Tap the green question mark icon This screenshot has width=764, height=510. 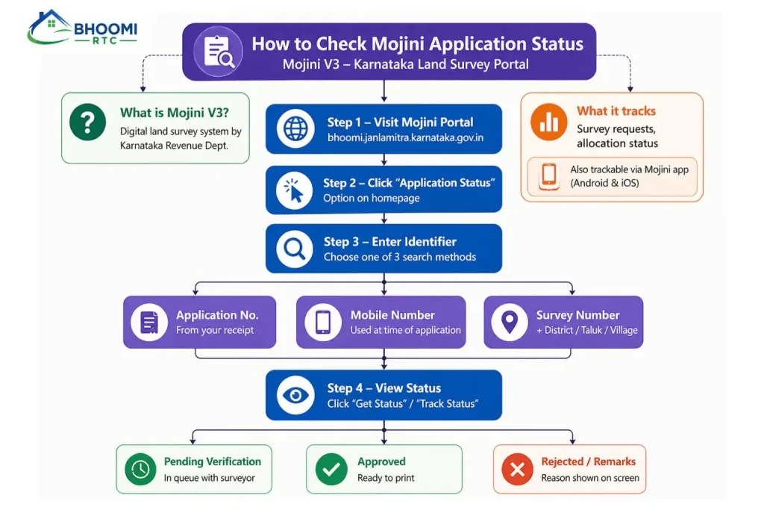click(x=88, y=122)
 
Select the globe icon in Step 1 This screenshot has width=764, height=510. click(x=295, y=128)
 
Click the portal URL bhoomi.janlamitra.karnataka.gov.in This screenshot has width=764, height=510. click(x=405, y=137)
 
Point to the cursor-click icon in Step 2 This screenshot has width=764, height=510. click(x=294, y=190)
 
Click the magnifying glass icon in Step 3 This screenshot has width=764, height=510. click(x=294, y=249)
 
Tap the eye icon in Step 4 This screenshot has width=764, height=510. click(x=295, y=395)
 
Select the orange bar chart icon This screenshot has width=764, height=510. click(x=548, y=122)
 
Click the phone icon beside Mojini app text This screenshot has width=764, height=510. click(x=549, y=176)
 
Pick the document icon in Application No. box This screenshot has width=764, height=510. click(x=149, y=323)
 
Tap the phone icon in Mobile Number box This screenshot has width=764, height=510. click(x=322, y=323)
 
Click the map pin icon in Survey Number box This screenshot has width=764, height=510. click(x=510, y=323)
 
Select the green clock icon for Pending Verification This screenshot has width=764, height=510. click(x=140, y=469)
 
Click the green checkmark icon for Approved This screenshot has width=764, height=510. click(x=331, y=469)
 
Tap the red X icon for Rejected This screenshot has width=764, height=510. click(x=518, y=470)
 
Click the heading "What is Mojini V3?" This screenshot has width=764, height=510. click(x=175, y=113)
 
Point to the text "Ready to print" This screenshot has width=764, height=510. click(x=386, y=478)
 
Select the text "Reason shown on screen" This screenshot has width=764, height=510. click(x=590, y=478)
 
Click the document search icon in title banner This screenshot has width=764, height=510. click(x=219, y=52)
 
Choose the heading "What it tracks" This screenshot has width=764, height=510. click(x=616, y=111)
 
